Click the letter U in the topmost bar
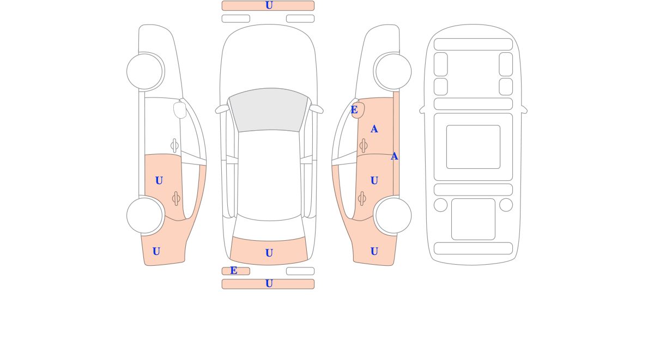[269, 5]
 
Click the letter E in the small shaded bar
[234, 271]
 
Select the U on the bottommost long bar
[269, 284]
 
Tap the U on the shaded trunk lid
[269, 253]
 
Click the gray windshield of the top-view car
[269, 109]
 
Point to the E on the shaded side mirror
[354, 109]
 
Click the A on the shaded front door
[374, 129]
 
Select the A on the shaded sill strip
[395, 156]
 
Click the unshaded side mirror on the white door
[180, 110]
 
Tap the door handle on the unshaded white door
[174, 145]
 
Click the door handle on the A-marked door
[364, 145]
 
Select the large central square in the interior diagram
[473, 147]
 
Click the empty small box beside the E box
[300, 271]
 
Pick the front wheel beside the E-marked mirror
[393, 71]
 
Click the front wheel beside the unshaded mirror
[144, 71]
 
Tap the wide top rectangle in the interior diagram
[473, 44]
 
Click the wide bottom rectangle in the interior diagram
[473, 248]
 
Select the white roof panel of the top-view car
[269, 175]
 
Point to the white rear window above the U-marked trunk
[269, 229]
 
